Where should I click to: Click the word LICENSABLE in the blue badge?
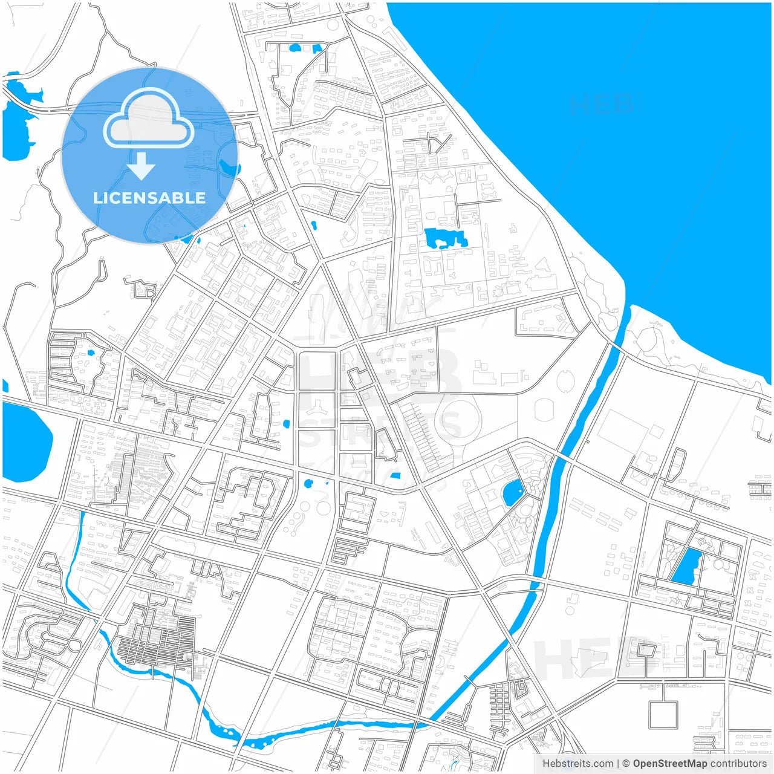click(149, 198)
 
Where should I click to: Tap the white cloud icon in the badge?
click(149, 119)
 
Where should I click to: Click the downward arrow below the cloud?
click(141, 166)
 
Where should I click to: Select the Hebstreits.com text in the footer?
click(577, 763)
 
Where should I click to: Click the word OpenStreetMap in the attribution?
click(669, 763)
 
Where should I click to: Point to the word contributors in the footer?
click(738, 763)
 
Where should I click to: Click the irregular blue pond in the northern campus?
click(446, 238)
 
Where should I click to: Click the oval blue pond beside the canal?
click(513, 493)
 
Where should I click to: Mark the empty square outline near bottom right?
click(663, 715)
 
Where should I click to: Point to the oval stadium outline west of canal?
click(544, 409)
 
